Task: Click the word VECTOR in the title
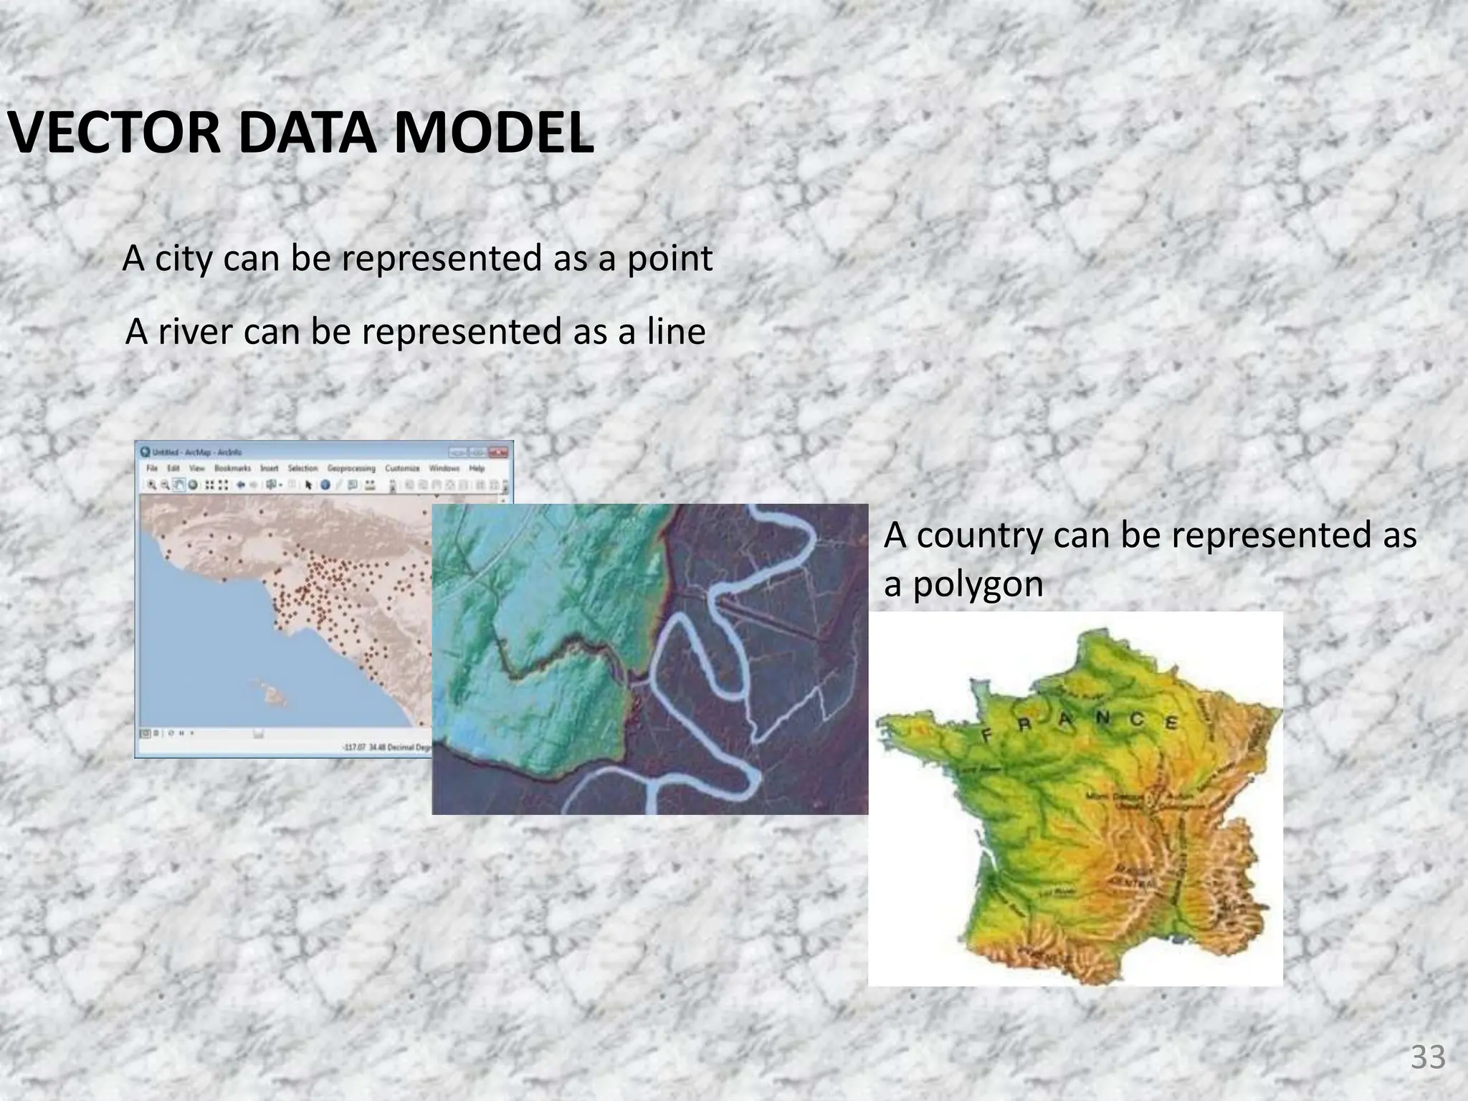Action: (x=115, y=134)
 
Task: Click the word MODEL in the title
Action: (x=494, y=134)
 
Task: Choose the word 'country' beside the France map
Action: (x=978, y=536)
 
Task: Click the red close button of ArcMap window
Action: (x=501, y=452)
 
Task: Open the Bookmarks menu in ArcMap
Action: (x=233, y=468)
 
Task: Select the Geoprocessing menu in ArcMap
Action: (x=351, y=468)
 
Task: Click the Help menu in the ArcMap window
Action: (x=477, y=468)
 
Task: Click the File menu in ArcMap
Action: (x=152, y=468)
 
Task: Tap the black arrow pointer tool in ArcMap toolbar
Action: (x=308, y=485)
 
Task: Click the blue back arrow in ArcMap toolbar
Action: (x=242, y=485)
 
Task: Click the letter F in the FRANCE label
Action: (x=987, y=735)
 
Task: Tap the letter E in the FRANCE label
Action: (x=1171, y=723)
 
